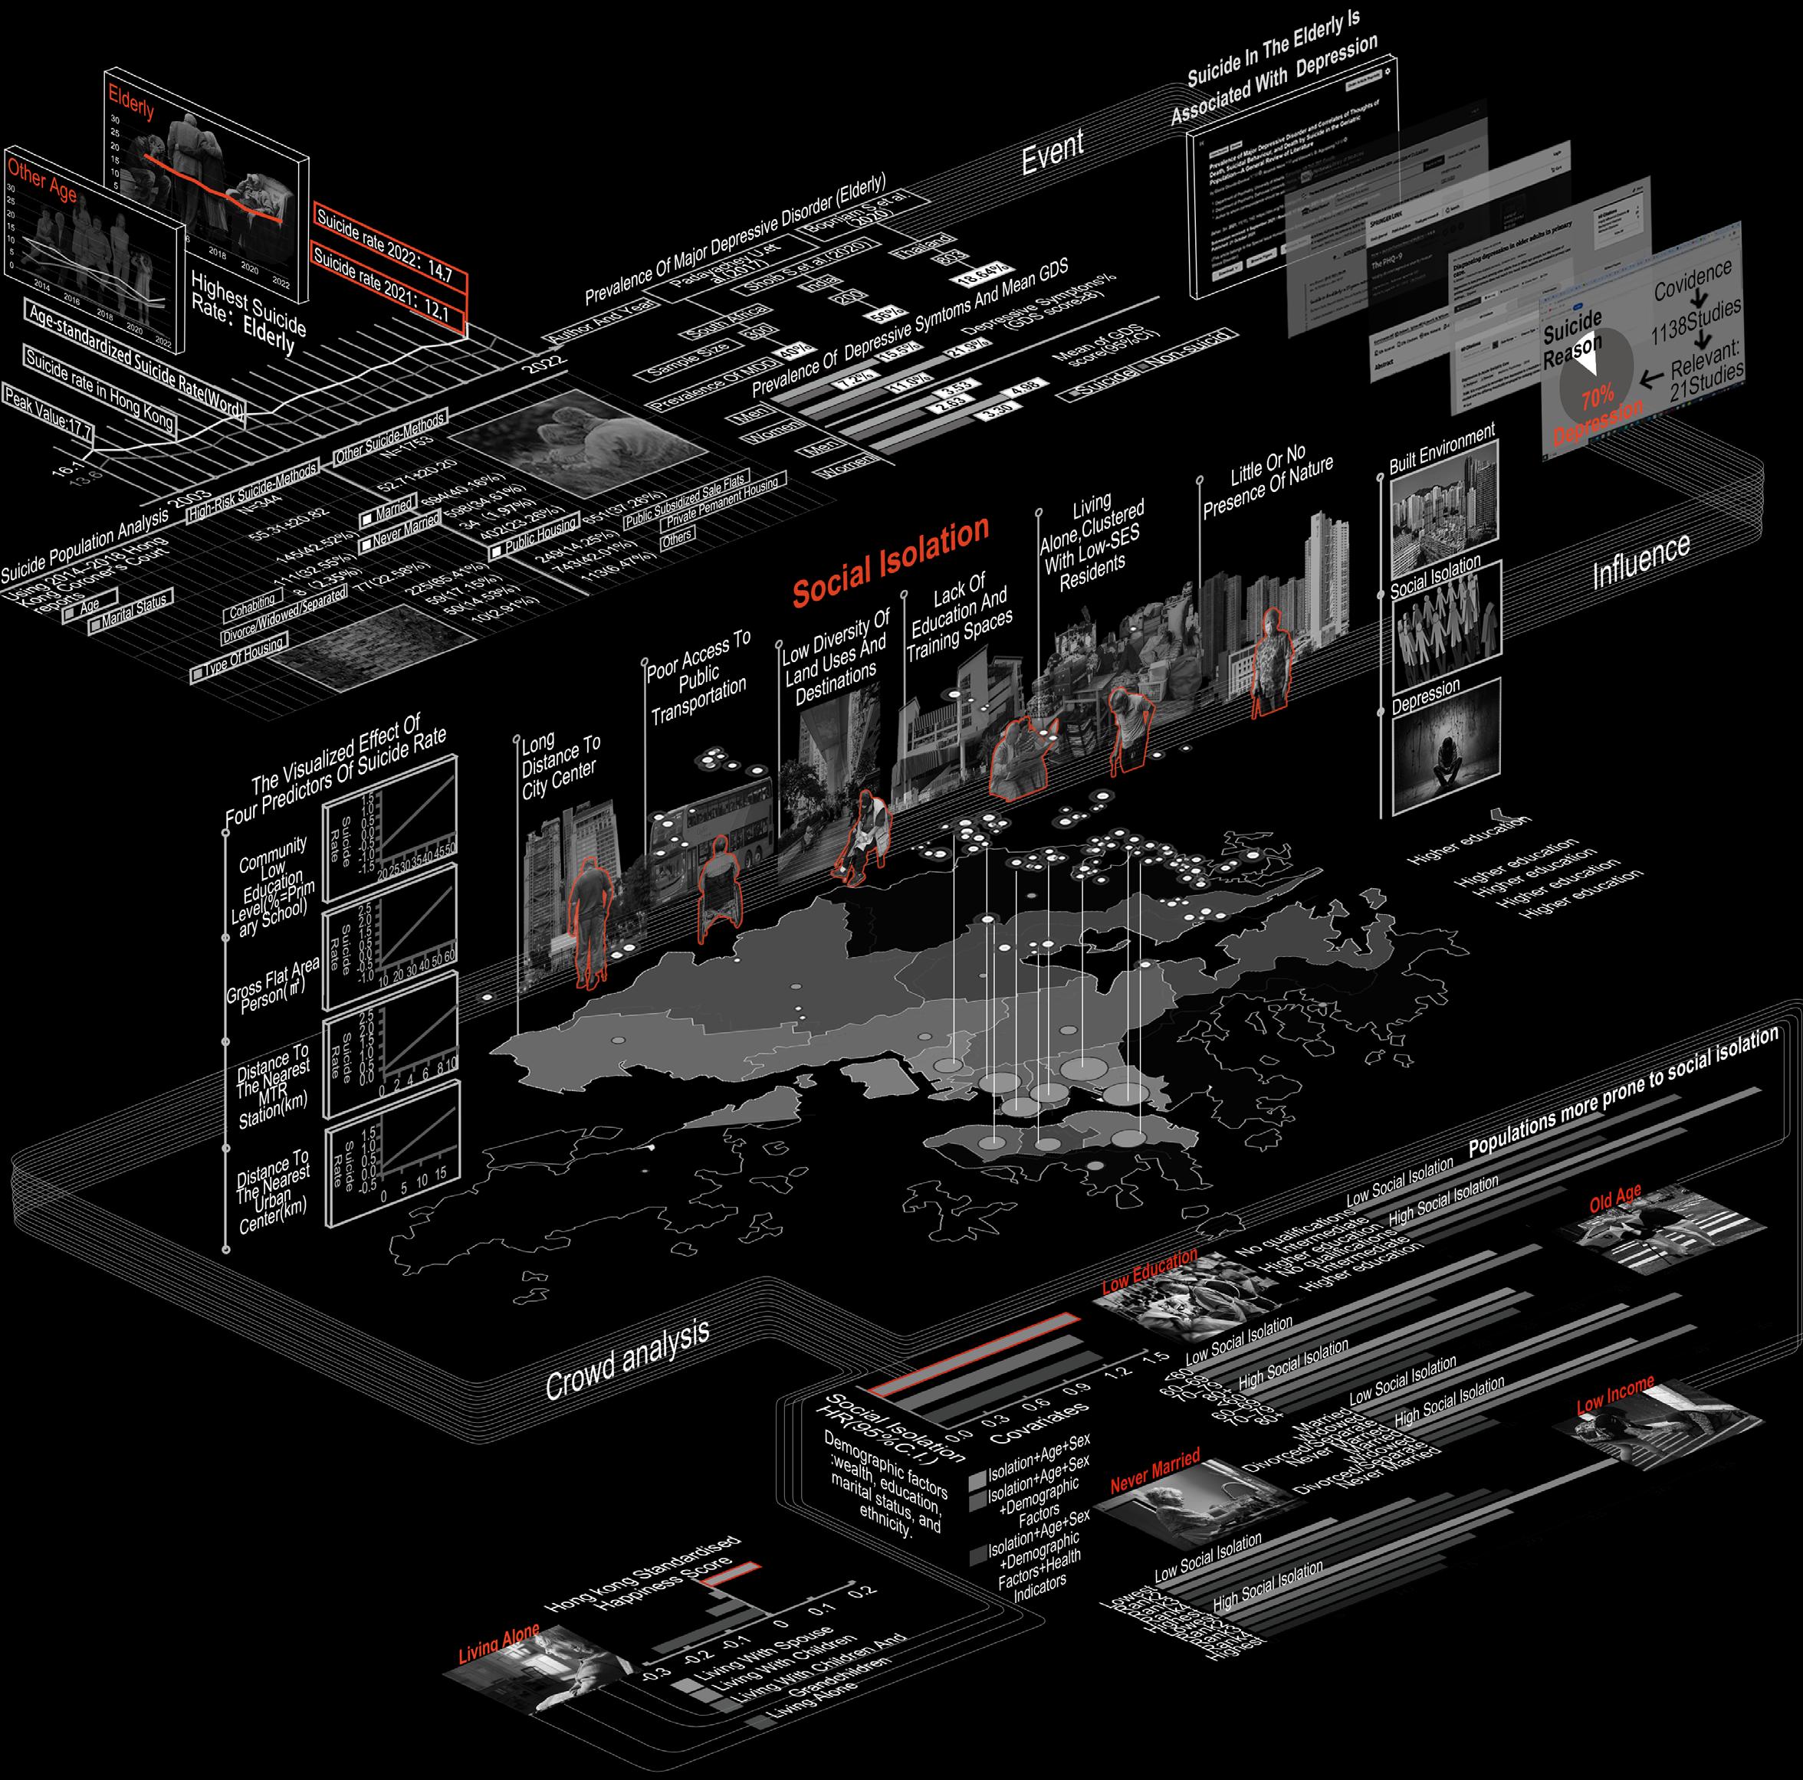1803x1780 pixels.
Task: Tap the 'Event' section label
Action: (x=1052, y=150)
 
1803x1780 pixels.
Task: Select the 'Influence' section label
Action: (x=1640, y=561)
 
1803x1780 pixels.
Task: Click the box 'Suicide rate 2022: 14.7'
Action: (x=389, y=245)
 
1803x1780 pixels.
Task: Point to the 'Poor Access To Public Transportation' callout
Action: (x=699, y=678)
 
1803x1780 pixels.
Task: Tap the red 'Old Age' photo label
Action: (x=1614, y=1198)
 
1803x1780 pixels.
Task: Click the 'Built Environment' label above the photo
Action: (x=1441, y=451)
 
